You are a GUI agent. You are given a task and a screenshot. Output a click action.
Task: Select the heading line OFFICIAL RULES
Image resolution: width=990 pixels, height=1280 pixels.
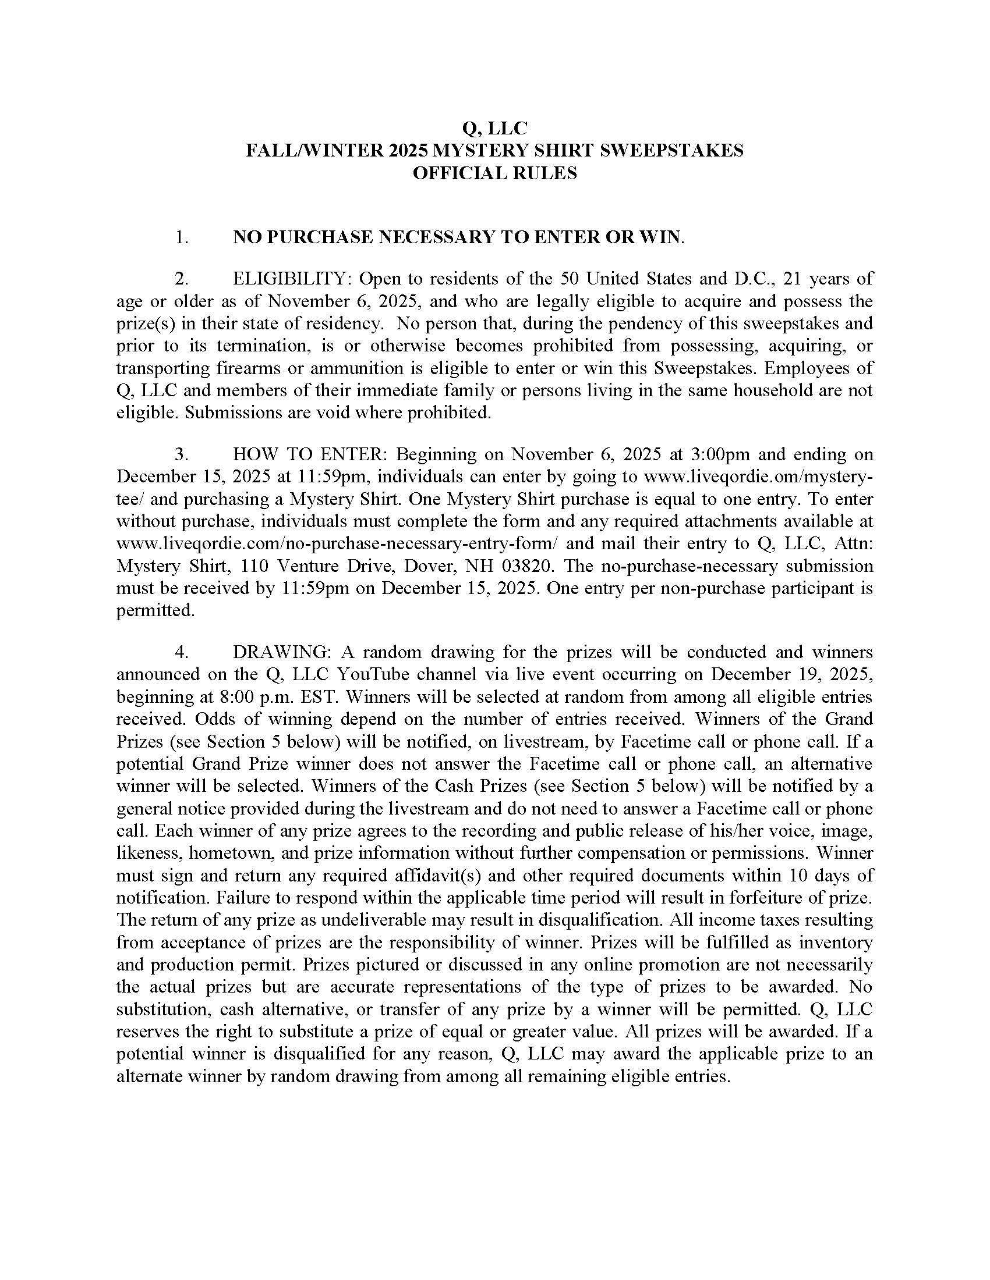click(x=494, y=173)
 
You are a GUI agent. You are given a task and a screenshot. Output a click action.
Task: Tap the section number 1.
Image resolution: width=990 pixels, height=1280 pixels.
click(x=181, y=237)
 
